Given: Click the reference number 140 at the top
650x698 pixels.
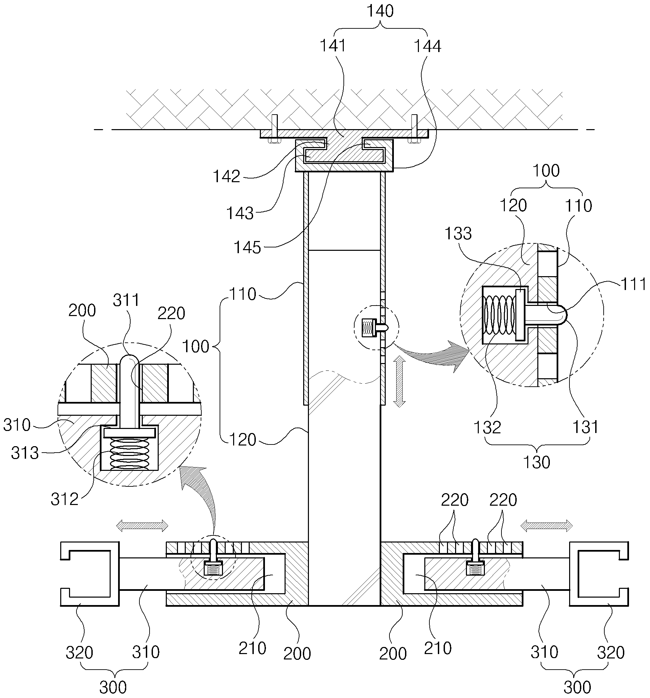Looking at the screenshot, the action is [380, 11].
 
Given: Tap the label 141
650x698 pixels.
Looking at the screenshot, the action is [333, 46].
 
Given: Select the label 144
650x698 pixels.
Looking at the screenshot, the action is [427, 46].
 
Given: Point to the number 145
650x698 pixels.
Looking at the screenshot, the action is [247, 247].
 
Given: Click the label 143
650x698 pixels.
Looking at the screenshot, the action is [240, 213].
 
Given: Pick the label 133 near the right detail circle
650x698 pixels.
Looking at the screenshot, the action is [458, 234].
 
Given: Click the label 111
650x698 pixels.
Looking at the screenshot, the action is [633, 284].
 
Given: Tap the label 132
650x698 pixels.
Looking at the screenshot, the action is [487, 427].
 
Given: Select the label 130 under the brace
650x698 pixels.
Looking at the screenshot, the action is [536, 462].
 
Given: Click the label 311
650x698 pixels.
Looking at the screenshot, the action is [126, 300].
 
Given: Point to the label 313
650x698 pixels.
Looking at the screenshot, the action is [25, 453].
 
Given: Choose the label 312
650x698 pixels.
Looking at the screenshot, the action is [64, 499].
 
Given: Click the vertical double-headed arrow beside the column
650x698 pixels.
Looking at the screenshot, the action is [399, 381].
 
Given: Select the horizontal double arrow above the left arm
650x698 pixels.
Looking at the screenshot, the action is [142, 526].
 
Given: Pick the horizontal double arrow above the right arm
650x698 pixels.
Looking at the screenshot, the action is [546, 526].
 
